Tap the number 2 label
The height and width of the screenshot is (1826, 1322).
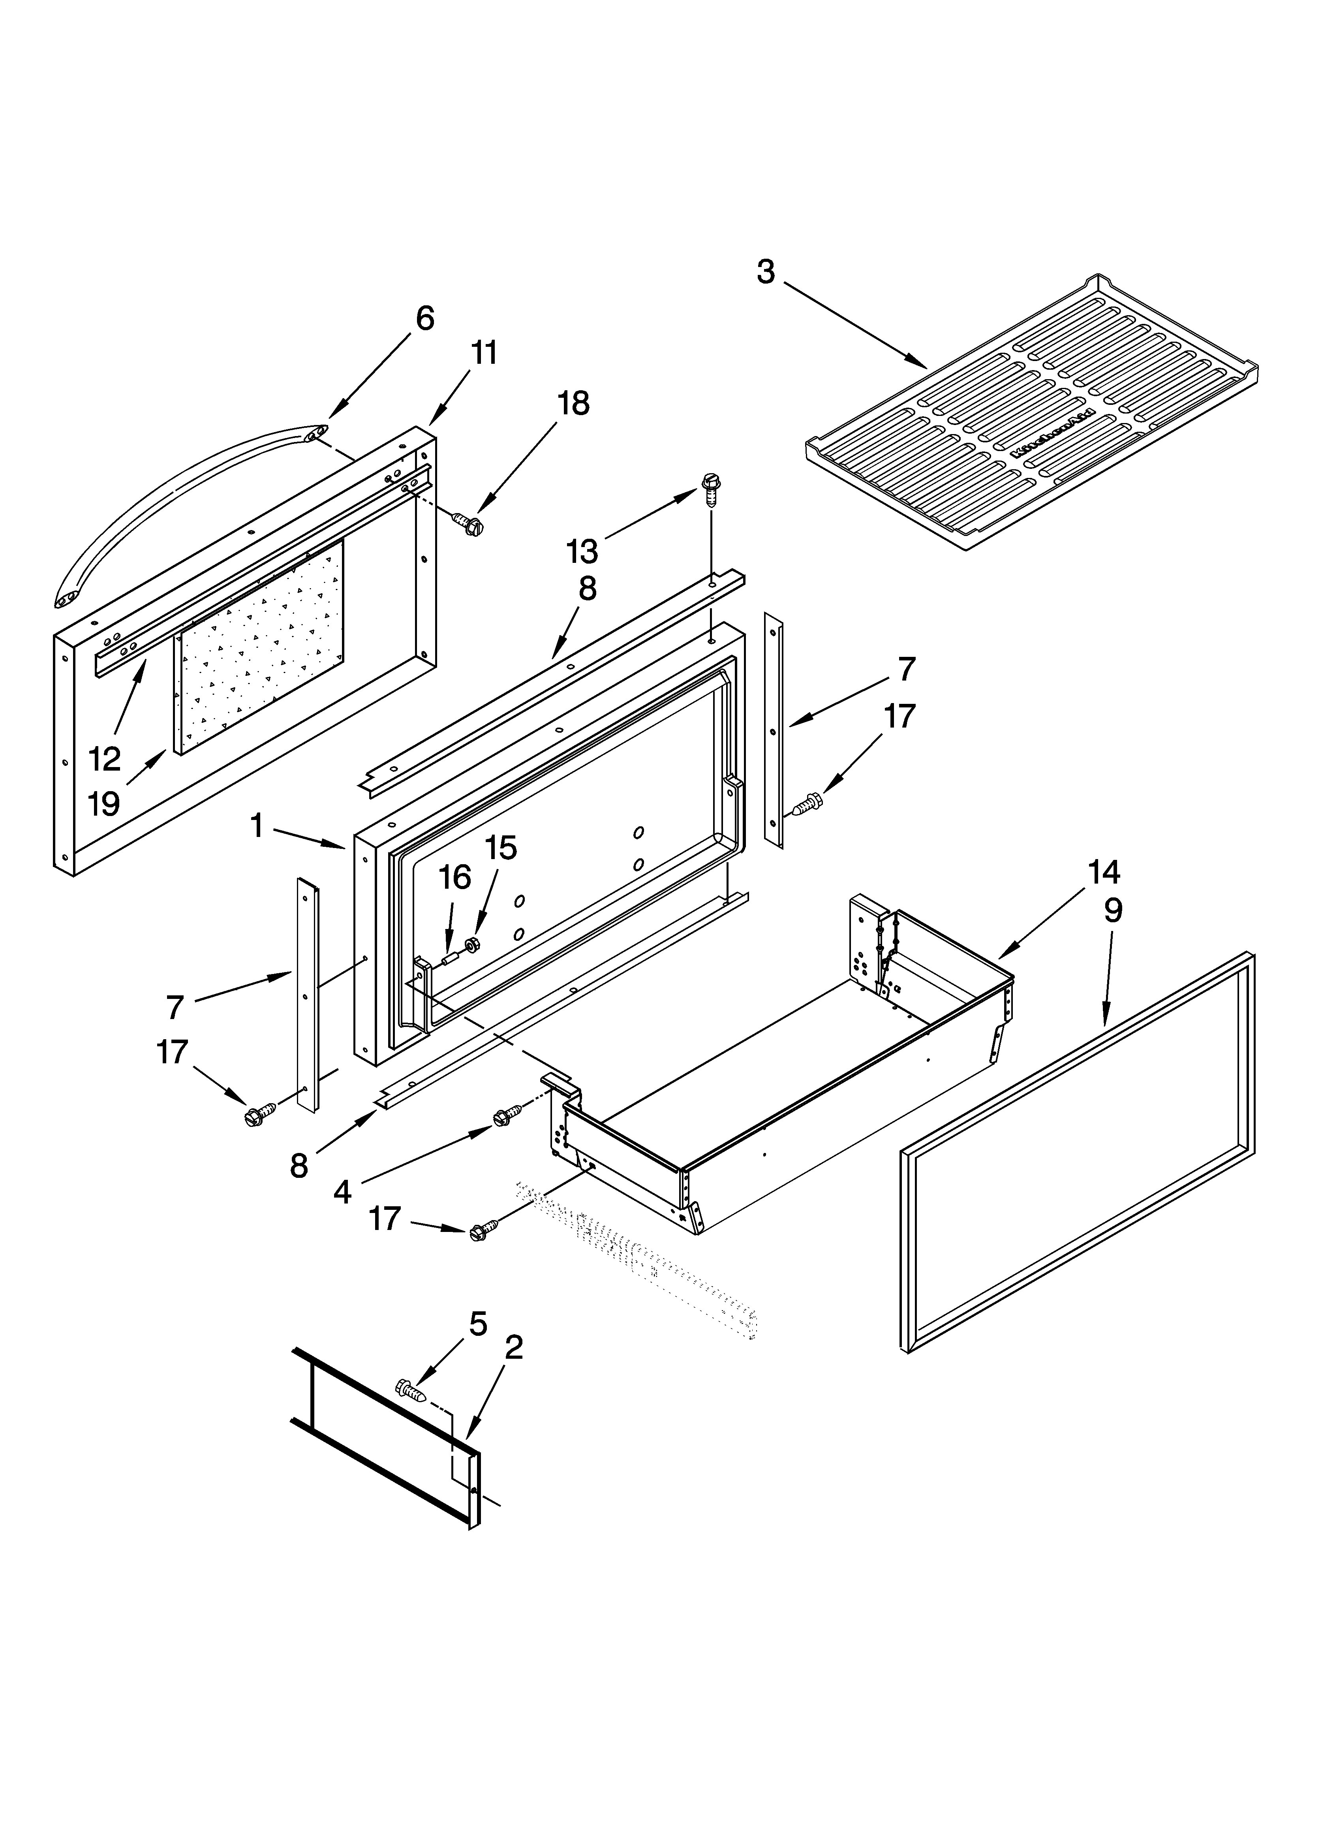coord(513,1347)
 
